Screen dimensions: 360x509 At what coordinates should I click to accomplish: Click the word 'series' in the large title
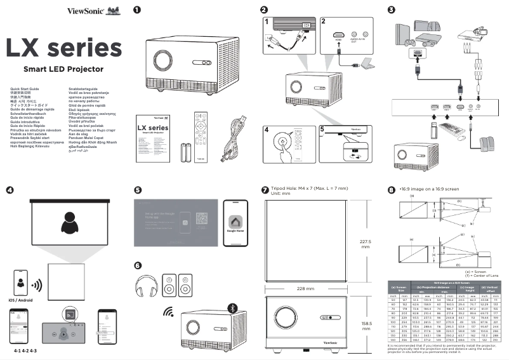86,47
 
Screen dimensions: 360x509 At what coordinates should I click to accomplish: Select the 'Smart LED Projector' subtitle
63,68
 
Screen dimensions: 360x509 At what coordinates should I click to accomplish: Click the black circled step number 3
391,10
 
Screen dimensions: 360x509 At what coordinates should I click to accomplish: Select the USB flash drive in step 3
433,131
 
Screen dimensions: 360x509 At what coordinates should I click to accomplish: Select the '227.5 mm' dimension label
365,244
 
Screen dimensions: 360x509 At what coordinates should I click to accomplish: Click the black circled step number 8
391,190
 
